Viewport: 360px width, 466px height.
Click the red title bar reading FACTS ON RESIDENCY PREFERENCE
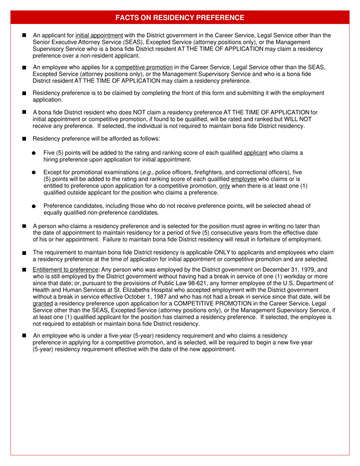pos(180,17)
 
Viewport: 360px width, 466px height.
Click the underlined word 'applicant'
pos(255,153)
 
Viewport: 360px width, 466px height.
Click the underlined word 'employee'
pos(244,179)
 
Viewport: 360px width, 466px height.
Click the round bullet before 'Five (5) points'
pos(34,153)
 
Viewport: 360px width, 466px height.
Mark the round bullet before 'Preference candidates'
pos(34,206)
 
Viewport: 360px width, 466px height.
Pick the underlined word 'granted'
pos(43,303)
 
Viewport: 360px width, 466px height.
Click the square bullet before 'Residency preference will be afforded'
pos(24,139)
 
